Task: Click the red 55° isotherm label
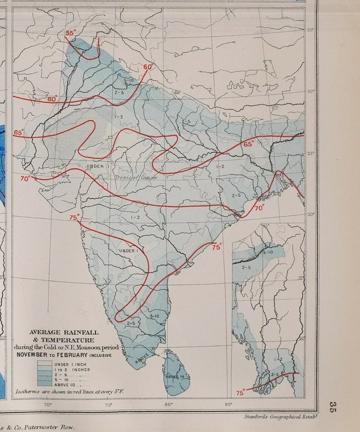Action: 71,33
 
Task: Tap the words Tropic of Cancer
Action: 135,177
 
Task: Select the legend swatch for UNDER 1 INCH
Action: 45,364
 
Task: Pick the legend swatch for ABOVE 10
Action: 45,385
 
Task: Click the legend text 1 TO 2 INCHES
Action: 72,369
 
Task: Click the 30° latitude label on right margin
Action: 310,91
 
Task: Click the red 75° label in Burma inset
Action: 241,392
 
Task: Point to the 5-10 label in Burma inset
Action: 267,253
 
